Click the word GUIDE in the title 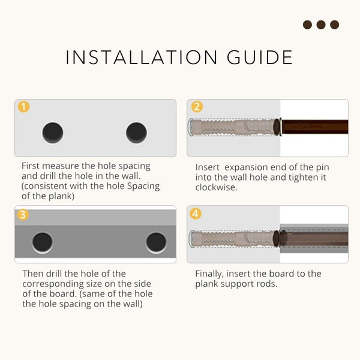pyautogui.click(x=260, y=58)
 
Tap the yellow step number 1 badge pyautogui.click(x=23, y=107)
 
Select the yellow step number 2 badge pyautogui.click(x=197, y=107)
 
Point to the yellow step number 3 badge pyautogui.click(x=23, y=215)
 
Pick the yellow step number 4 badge pyautogui.click(x=196, y=214)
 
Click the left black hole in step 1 pyautogui.click(x=53, y=133)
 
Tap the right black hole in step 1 pyautogui.click(x=136, y=133)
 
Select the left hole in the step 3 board pyautogui.click(x=43, y=242)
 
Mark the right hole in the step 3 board pyautogui.click(x=157, y=242)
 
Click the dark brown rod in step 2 pyautogui.click(x=315, y=127)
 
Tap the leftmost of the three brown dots pyautogui.click(x=307, y=25)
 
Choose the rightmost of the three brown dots pyautogui.click(x=334, y=25)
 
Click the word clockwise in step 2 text pyautogui.click(x=216, y=187)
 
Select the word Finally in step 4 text pyautogui.click(x=209, y=274)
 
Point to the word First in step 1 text pyautogui.click(x=31, y=166)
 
